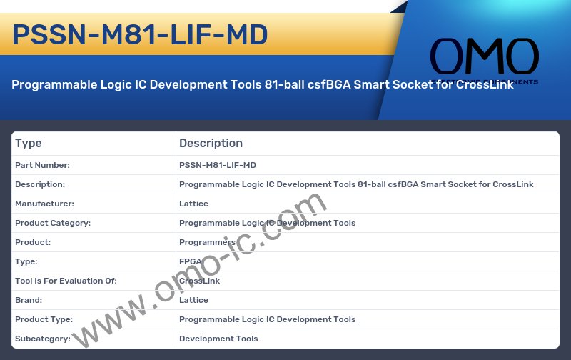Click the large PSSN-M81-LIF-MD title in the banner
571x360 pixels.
click(x=141, y=34)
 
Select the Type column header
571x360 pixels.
click(x=29, y=143)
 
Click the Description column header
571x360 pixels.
click(x=211, y=143)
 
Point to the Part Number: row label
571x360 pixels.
click(x=42, y=165)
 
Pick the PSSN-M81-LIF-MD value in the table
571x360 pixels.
click(x=217, y=165)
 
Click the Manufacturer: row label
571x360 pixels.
click(x=44, y=204)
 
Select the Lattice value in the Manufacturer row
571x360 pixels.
click(x=193, y=204)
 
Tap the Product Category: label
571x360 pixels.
click(x=53, y=223)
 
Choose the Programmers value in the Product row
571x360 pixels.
click(x=207, y=242)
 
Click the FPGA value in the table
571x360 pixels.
click(x=191, y=261)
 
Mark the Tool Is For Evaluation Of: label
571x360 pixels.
click(x=66, y=281)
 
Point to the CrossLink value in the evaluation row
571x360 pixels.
click(x=199, y=281)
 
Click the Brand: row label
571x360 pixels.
click(x=29, y=300)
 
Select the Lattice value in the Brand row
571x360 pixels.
click(x=193, y=300)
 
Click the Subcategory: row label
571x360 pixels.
click(x=43, y=339)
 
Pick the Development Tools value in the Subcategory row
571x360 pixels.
click(x=218, y=339)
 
